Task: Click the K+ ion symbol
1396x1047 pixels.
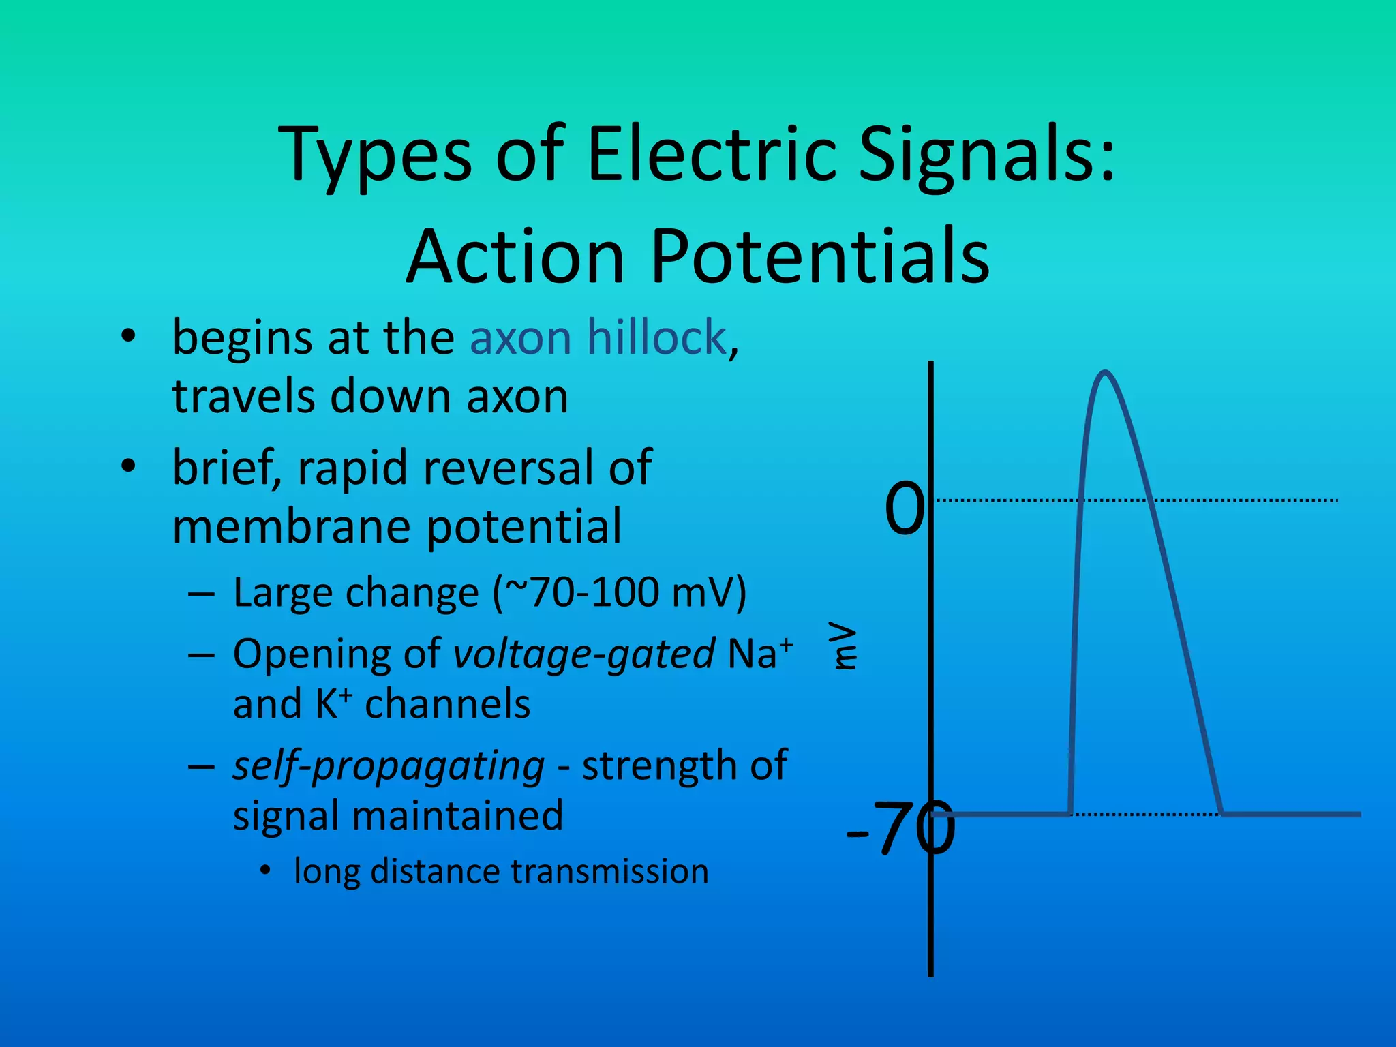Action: coord(334,703)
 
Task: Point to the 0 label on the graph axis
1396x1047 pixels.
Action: coord(905,507)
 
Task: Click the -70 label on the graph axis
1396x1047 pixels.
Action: coord(900,829)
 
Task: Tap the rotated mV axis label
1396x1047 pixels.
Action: coord(845,645)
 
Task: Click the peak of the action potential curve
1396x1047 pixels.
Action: coord(1105,373)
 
